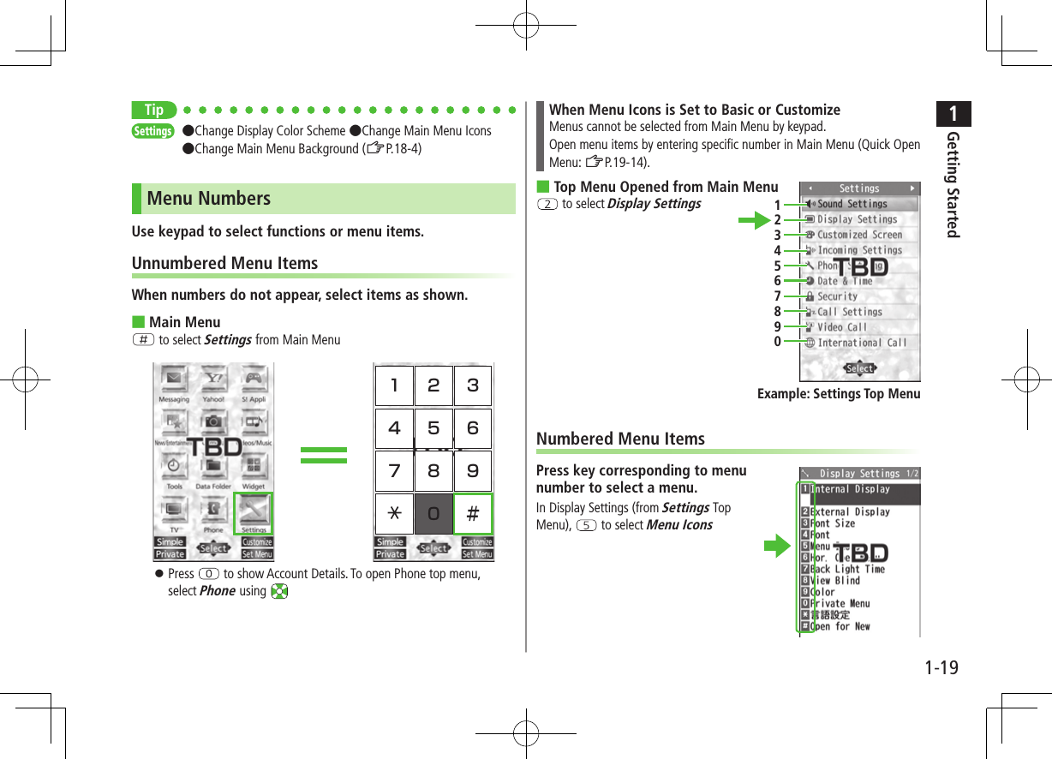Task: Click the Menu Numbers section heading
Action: point(209,199)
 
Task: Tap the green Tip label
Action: point(154,110)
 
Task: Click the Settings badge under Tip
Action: point(152,131)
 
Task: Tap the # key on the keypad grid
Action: point(473,513)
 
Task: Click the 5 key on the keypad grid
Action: point(433,427)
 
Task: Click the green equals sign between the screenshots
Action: point(324,455)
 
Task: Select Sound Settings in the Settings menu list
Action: point(852,204)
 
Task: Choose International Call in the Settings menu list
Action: point(861,343)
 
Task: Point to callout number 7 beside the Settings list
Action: point(777,296)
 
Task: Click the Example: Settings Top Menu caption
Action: point(838,394)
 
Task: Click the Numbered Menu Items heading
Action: point(620,439)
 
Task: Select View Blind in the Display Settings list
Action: point(835,581)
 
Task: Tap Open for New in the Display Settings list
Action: point(840,626)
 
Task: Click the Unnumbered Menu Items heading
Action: point(224,263)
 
